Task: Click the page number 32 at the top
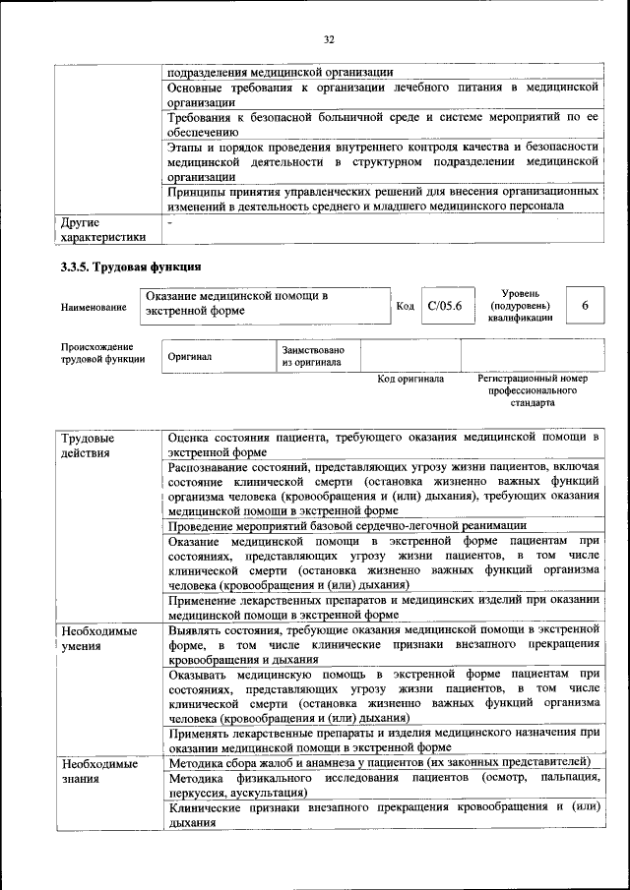point(329,39)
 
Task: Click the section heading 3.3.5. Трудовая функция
point(131,267)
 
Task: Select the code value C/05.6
point(445,306)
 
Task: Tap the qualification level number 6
point(585,306)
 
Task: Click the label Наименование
point(94,308)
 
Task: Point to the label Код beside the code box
point(405,307)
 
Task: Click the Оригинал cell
point(189,356)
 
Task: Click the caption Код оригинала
point(410,379)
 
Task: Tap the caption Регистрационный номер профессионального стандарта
point(532,390)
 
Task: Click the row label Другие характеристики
point(102,229)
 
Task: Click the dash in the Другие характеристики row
point(170,222)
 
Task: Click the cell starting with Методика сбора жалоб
point(379,762)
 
